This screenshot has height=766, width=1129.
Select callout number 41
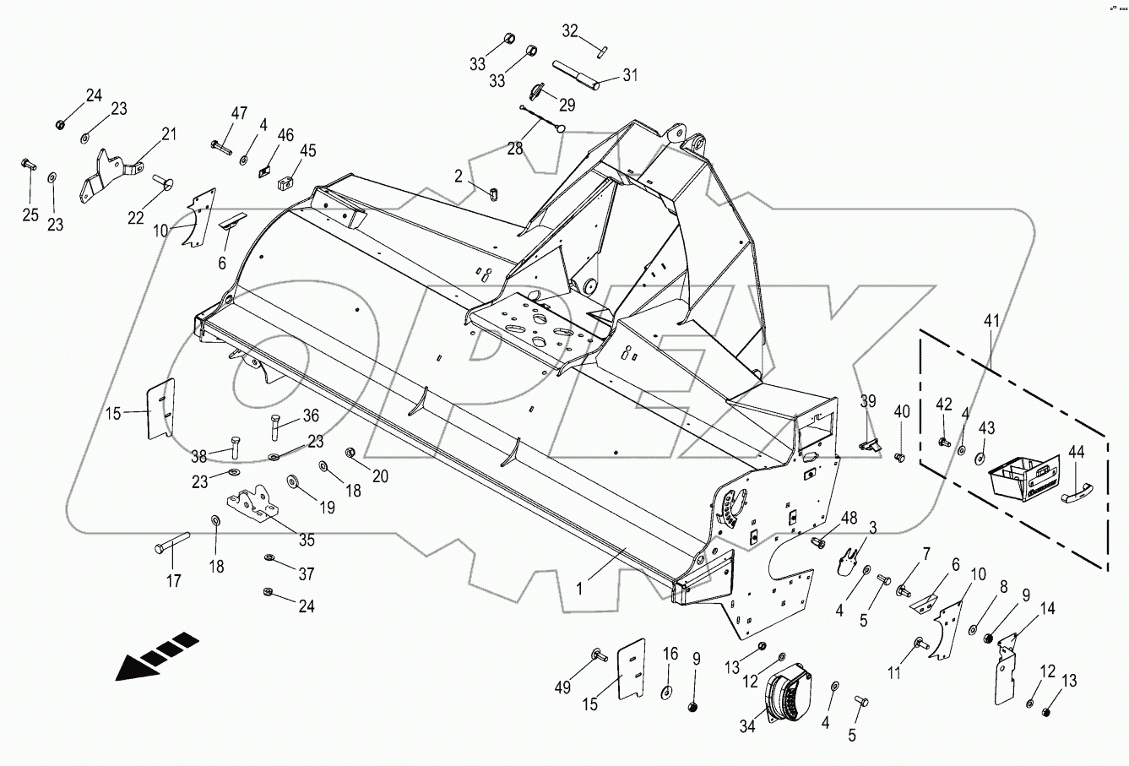point(991,321)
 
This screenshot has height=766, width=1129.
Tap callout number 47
point(240,113)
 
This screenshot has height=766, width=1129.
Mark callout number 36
point(312,416)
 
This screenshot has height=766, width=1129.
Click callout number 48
point(849,518)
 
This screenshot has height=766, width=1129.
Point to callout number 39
point(867,400)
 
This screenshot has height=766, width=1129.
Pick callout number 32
point(571,31)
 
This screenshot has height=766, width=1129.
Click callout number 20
point(379,475)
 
